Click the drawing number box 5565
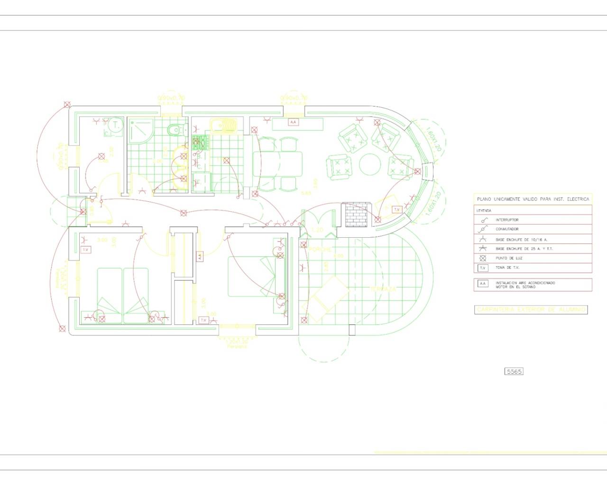click(x=514, y=371)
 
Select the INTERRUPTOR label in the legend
click(x=507, y=220)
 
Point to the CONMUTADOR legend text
click(x=507, y=229)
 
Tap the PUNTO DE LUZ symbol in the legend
click(x=483, y=258)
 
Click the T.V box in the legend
click(x=483, y=268)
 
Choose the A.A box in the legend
click(x=483, y=284)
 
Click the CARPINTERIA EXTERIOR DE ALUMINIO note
click(x=531, y=309)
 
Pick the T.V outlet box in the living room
click(x=397, y=209)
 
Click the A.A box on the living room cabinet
click(x=293, y=122)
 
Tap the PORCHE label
click(x=321, y=249)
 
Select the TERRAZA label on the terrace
click(x=383, y=288)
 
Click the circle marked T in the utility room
click(x=115, y=126)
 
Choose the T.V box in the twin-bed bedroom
click(x=86, y=250)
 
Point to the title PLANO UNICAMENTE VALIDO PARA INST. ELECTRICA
click(x=533, y=199)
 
